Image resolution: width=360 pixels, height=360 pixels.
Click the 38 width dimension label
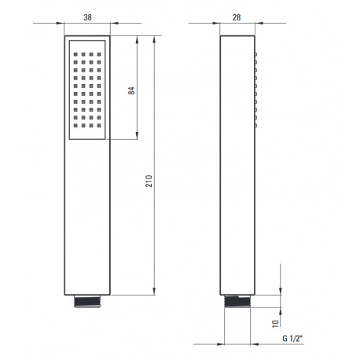[87, 17]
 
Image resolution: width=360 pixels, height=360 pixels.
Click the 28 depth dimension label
[237, 17]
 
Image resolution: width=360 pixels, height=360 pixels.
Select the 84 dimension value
[131, 90]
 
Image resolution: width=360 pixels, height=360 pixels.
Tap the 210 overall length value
[149, 181]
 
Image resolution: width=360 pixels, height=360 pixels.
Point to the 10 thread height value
[275, 324]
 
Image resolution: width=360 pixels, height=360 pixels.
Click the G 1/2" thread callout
[292, 338]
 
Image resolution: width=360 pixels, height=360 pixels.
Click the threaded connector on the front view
[87, 301]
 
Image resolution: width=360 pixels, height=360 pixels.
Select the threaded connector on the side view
[237, 301]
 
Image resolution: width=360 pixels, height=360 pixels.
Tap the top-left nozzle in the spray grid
[75, 54]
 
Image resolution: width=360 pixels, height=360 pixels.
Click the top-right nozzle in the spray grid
[99, 54]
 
